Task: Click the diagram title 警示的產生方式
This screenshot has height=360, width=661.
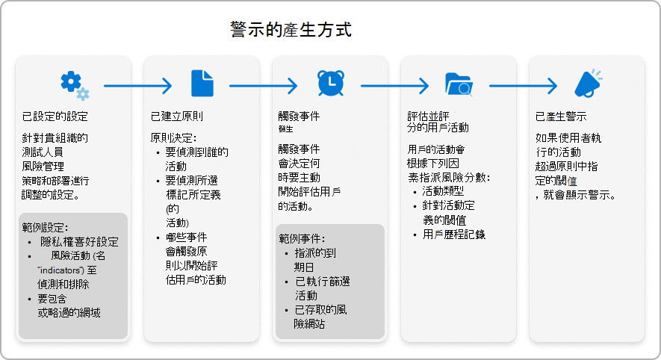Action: click(x=291, y=31)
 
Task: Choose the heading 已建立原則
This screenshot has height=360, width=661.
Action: click(x=177, y=117)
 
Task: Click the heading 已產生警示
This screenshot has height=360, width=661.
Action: click(x=561, y=117)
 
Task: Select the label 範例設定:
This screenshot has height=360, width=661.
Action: click(x=46, y=226)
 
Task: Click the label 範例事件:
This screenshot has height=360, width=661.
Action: click(x=301, y=238)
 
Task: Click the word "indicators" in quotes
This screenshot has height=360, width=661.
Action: click(x=59, y=270)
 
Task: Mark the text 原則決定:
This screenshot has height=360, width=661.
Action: click(x=173, y=137)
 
